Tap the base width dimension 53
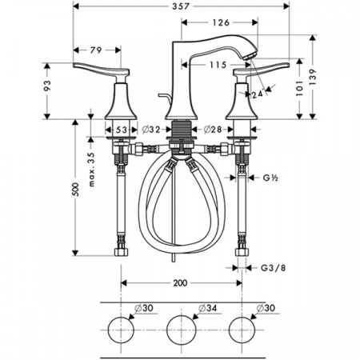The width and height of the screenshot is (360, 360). pos(122,129)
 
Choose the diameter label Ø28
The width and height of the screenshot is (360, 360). pos(212,129)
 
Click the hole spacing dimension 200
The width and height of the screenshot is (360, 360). pos(181,282)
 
